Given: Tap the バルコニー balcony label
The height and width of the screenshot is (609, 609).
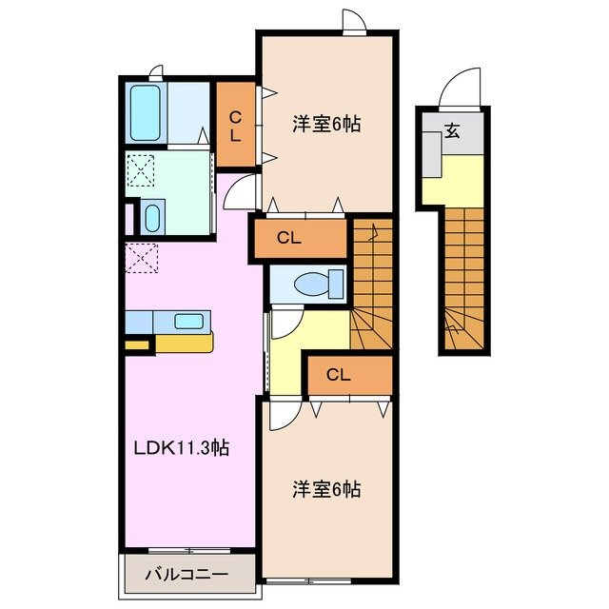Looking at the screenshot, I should [187, 575].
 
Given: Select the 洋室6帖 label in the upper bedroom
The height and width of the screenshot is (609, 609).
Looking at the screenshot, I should [326, 125].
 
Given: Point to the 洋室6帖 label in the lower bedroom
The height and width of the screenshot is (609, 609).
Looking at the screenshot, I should [326, 489].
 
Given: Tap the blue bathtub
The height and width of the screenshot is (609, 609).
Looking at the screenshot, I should [146, 113].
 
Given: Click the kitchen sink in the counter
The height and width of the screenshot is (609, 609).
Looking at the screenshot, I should [189, 321].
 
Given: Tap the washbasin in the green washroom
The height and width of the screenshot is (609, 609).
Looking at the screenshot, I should [153, 217].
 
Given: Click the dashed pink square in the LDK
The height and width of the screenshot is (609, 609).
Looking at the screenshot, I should [141, 257].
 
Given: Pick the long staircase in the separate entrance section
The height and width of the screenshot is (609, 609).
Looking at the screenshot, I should [465, 276].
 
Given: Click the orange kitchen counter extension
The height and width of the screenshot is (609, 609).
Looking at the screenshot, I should [184, 342].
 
